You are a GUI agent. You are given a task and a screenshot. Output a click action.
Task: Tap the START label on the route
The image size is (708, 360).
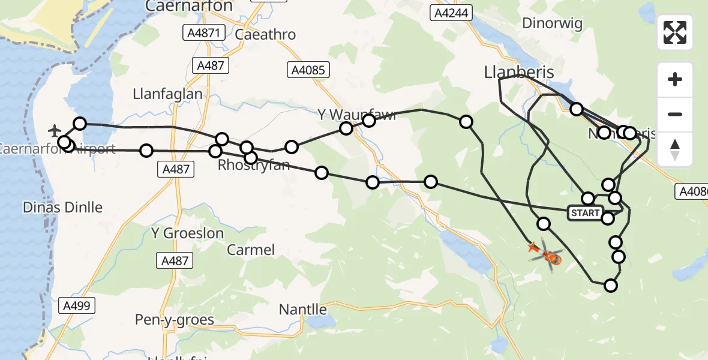(585, 213)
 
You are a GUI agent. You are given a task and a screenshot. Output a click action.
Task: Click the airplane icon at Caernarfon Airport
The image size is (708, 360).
(55, 130)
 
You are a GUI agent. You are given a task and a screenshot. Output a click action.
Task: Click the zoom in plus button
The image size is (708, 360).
(675, 79)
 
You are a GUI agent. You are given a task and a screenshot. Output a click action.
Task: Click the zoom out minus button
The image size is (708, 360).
(675, 114)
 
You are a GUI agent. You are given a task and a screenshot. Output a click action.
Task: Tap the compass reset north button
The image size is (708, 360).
(675, 149)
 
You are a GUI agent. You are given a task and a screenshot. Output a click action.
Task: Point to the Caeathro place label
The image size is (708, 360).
(266, 34)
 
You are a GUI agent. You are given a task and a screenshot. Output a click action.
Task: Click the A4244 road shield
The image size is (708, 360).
(452, 13)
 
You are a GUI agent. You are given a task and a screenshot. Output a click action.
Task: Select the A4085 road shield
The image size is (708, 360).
(308, 70)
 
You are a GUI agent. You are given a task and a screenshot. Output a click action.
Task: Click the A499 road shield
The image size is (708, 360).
(77, 306)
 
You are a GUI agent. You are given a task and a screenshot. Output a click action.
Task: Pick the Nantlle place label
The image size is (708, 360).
(303, 310)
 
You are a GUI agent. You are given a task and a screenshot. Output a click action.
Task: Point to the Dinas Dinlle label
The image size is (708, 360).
(62, 208)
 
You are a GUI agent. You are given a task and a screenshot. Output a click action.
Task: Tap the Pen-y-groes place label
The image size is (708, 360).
(175, 320)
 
